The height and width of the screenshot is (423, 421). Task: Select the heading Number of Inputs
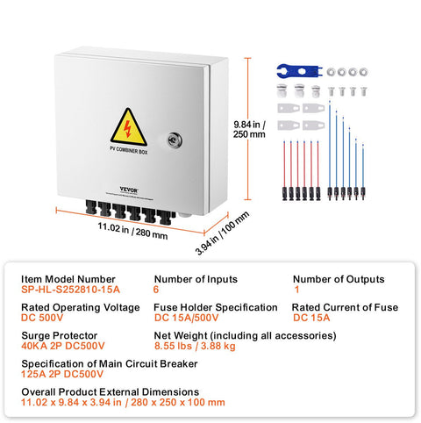(195, 279)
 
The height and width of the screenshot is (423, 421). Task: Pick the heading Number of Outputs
(338, 279)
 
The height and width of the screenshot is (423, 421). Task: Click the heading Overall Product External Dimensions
(111, 391)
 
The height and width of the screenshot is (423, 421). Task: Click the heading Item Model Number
(68, 279)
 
